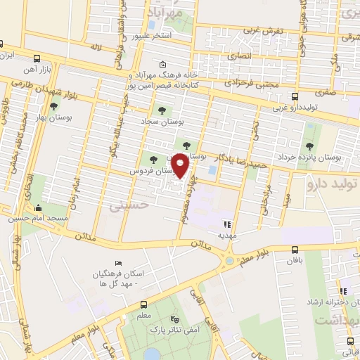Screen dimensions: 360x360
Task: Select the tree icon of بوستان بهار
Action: click(x=53, y=106)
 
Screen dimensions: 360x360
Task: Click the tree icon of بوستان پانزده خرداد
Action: click(x=309, y=146)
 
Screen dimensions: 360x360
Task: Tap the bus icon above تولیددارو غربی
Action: click(x=295, y=97)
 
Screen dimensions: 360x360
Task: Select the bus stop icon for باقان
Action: click(x=295, y=249)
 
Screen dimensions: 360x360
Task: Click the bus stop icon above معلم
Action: click(x=143, y=305)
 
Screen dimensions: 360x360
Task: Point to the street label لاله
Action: click(x=96, y=47)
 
